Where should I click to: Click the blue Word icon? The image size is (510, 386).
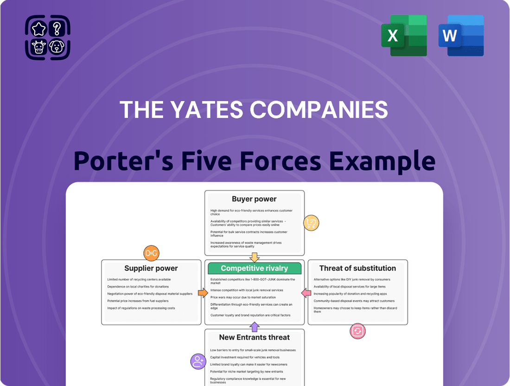(461, 36)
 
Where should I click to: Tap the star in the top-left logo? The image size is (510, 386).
(39, 29)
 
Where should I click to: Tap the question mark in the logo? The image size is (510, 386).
(57, 29)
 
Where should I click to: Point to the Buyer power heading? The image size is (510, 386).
(254, 199)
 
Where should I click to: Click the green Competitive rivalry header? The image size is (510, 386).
(254, 268)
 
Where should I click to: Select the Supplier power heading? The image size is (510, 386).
(151, 268)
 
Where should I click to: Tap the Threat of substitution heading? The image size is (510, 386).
(357, 268)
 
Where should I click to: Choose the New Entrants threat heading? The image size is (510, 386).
(254, 337)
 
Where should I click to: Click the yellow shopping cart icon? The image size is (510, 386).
(311, 224)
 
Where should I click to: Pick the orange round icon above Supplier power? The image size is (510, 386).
(151, 253)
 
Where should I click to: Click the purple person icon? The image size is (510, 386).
(198, 361)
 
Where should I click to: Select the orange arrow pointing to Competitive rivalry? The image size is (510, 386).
(203, 293)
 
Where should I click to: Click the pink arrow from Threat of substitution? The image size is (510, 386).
(306, 293)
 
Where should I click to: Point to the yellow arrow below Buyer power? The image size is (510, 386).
(254, 257)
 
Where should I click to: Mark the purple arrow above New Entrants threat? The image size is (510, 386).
(254, 327)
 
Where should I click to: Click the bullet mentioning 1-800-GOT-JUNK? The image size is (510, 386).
(253, 281)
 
